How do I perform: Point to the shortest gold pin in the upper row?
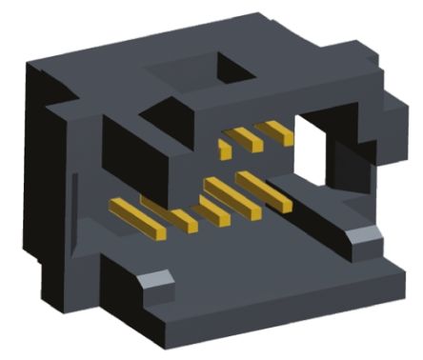tap(225, 150)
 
